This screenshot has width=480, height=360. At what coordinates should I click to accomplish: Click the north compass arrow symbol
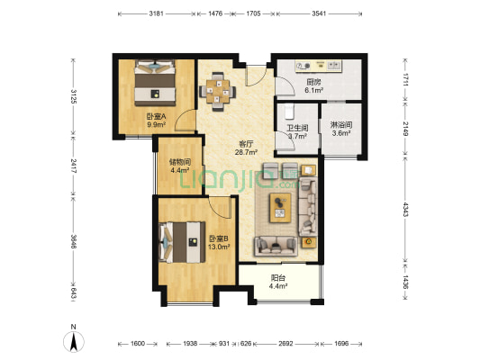(x=74, y=342)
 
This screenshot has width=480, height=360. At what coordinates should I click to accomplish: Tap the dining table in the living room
(x=218, y=92)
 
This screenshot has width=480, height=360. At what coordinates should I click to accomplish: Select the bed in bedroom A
(x=155, y=83)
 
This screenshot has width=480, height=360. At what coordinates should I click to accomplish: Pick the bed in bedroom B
(x=182, y=242)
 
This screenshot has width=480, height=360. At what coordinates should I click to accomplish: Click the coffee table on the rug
(x=280, y=208)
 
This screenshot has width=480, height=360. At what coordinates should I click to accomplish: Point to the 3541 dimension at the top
(x=319, y=13)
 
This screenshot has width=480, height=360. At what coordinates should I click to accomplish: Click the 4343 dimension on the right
(x=405, y=209)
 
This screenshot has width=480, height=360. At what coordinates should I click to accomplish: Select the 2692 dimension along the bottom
(x=285, y=344)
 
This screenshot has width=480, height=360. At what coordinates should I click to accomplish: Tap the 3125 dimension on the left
(x=74, y=96)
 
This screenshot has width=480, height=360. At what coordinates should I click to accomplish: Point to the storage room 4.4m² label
(x=180, y=170)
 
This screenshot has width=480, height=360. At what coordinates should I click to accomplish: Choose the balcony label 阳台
(x=278, y=278)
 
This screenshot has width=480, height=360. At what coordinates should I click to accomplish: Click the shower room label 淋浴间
(x=341, y=125)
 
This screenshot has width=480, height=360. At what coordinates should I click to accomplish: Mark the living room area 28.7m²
(x=246, y=152)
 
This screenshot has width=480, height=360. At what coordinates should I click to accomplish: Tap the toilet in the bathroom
(x=289, y=112)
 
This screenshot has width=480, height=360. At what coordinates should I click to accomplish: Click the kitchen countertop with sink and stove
(x=318, y=66)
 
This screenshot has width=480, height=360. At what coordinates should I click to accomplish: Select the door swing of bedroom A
(x=186, y=121)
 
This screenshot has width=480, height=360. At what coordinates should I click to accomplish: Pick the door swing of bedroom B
(x=220, y=207)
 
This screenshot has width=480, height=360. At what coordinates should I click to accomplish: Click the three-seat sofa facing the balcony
(x=276, y=246)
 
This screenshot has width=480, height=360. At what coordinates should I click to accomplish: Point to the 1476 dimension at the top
(x=215, y=13)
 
